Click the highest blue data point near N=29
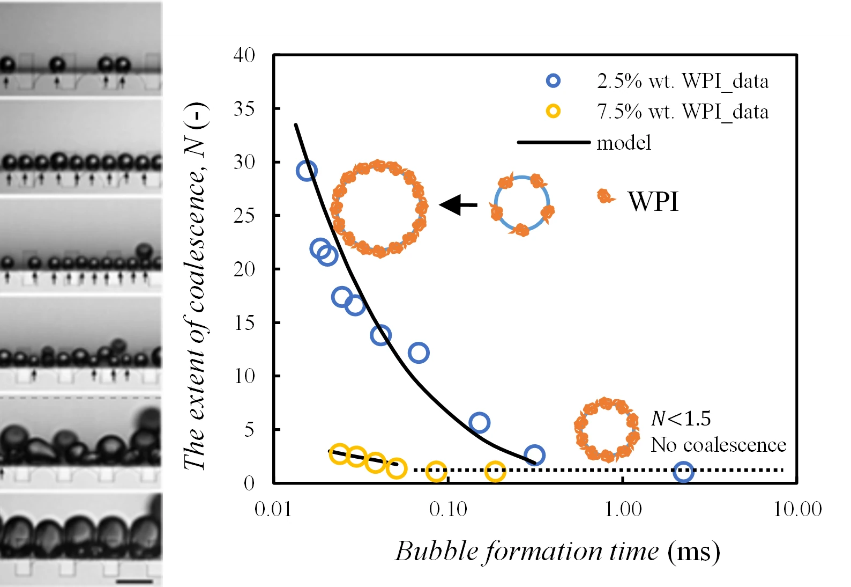(307, 171)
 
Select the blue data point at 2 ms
(683, 472)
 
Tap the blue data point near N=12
(418, 353)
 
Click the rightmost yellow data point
(495, 472)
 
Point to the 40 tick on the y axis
(244, 55)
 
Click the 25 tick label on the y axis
(244, 216)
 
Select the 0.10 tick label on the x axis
(448, 509)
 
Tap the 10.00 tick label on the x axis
(797, 509)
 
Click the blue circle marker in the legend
(553, 81)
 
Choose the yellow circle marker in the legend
(553, 112)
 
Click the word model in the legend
(624, 143)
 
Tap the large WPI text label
(653, 202)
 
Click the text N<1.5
(681, 419)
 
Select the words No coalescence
(718, 445)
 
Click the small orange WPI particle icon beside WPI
(605, 196)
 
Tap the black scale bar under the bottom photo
(134, 581)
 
